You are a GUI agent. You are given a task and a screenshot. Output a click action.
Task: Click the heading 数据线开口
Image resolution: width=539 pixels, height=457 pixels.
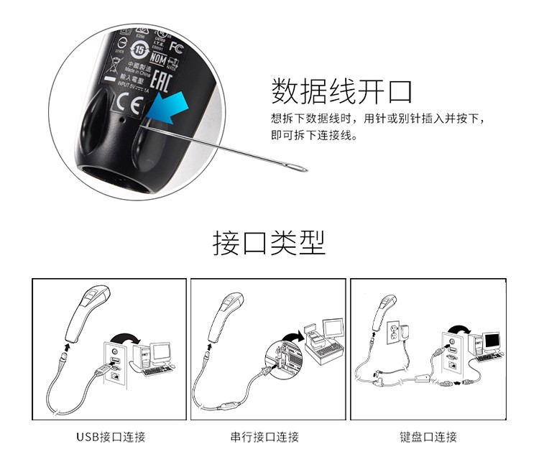coord(342,92)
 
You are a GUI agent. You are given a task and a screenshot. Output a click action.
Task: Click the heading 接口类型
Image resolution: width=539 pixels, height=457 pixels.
coord(269,243)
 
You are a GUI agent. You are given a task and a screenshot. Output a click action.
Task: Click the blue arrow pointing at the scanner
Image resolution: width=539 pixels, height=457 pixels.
coord(168,110)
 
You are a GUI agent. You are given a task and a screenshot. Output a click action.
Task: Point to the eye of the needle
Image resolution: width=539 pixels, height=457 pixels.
coord(298,170)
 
